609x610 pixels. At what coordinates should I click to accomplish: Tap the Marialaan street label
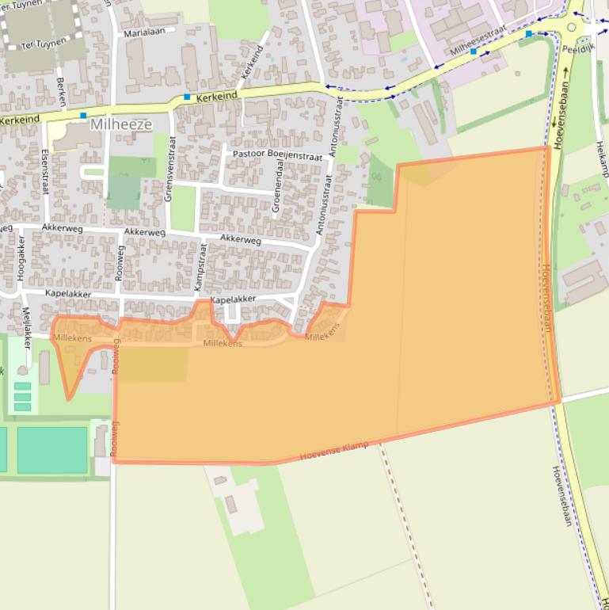click(x=149, y=32)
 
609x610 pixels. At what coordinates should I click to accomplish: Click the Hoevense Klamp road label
click(x=334, y=452)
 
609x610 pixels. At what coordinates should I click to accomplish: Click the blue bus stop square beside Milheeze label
click(x=83, y=116)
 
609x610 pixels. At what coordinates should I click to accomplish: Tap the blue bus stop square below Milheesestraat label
click(x=474, y=51)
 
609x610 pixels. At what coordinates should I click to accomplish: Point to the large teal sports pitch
click(x=52, y=450)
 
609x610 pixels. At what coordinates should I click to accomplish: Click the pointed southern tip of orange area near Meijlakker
click(x=69, y=398)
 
